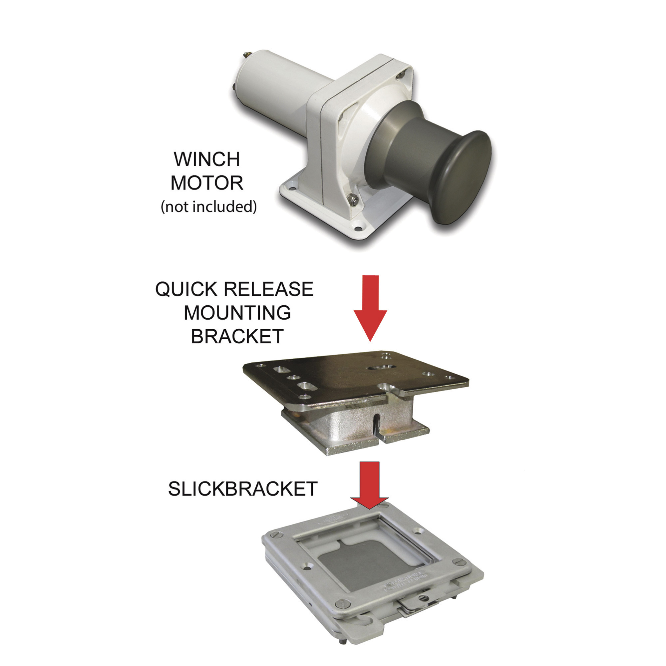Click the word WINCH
point(206,159)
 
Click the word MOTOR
point(206,183)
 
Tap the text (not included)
point(208,206)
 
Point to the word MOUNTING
point(237,313)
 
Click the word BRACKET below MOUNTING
point(237,336)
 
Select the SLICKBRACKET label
point(242,489)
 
